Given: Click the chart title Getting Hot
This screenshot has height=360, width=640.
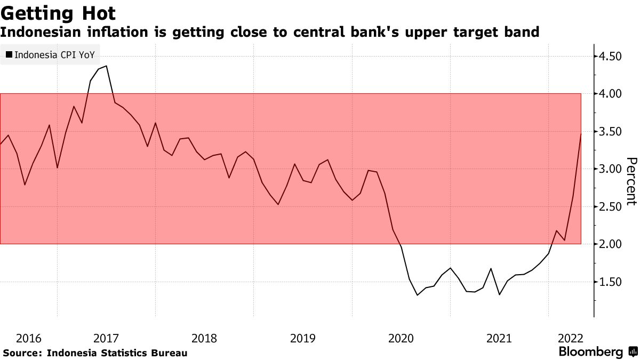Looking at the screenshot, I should tap(59, 13).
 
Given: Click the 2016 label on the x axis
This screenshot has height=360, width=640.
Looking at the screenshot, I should tap(29, 338).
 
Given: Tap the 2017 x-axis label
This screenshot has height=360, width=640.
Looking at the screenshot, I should tap(106, 338).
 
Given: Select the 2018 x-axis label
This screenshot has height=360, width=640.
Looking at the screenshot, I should tap(204, 338).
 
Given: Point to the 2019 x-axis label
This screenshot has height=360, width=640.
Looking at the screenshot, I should tap(302, 338).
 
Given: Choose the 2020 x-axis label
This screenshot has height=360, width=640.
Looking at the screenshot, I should tap(401, 338).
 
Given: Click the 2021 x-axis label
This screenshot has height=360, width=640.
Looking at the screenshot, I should tap(499, 338).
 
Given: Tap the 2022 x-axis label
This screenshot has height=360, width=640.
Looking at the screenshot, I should tap(570, 338).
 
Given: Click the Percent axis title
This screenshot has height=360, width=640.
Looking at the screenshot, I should tap(631, 181).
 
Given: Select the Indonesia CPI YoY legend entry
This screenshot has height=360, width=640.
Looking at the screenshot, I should tap(52, 54).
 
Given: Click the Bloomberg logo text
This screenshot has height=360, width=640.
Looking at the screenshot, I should tap(591, 352).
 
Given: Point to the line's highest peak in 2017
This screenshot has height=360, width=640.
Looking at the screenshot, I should tap(106, 66).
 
